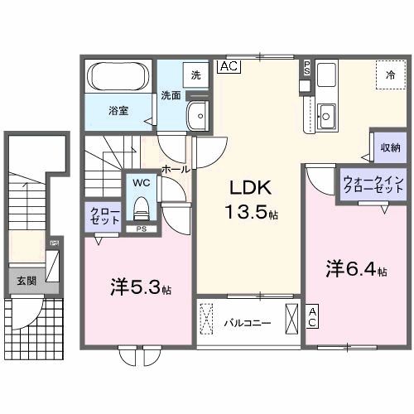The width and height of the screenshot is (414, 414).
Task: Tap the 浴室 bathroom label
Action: pos(118,109)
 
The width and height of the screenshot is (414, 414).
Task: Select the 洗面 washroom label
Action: pos(171,94)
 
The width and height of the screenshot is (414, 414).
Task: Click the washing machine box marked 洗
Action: pos(195,73)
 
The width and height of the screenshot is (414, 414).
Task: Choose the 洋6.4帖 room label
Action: pos(355,269)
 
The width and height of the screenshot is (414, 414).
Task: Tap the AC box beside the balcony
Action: pos(312,315)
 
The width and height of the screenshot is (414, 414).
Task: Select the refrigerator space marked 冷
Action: pos(389,75)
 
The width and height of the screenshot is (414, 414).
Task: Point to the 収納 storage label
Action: pos(391,148)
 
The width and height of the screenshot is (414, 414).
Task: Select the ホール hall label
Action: pos(175,168)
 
